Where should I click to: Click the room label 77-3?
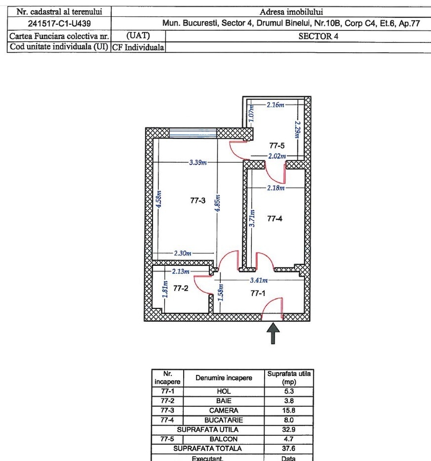pyautogui.click(x=198, y=200)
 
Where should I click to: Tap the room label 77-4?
pyautogui.click(x=275, y=218)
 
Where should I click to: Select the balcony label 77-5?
pyautogui.click(x=277, y=145)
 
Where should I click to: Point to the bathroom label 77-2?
pyautogui.click(x=181, y=288)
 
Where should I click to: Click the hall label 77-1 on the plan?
pyautogui.click(x=258, y=293)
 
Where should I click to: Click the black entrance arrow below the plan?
pyautogui.click(x=273, y=333)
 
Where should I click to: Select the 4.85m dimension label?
pyautogui.click(x=218, y=203)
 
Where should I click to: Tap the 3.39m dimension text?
pyautogui.click(x=198, y=162)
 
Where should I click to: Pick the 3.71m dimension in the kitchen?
pyautogui.click(x=252, y=218)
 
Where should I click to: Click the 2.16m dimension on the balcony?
pyautogui.click(x=275, y=104)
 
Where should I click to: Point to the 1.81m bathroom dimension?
pyautogui.click(x=165, y=289)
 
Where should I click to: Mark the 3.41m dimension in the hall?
pyautogui.click(x=259, y=280)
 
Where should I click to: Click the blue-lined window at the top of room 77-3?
pyautogui.click(x=193, y=133)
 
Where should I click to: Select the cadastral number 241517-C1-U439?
pyautogui.click(x=59, y=24)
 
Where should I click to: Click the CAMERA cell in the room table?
pyautogui.click(x=224, y=410)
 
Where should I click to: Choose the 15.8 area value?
pyautogui.click(x=289, y=410)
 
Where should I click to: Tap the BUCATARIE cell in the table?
pyautogui.click(x=224, y=420)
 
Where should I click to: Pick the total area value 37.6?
pyautogui.click(x=289, y=449)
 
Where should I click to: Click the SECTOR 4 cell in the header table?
pyautogui.click(x=318, y=36)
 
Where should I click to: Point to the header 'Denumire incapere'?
pyautogui.click(x=224, y=378)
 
